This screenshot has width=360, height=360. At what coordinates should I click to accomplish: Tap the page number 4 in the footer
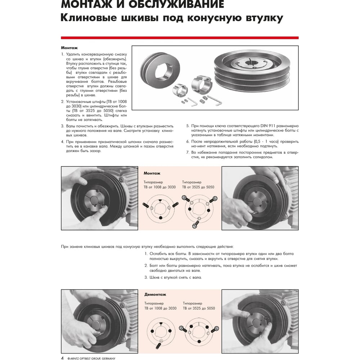point(62,358)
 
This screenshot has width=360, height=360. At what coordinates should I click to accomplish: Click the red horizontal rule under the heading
point(180,37)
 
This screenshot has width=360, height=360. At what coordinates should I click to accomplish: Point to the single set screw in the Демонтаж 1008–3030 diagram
point(158,346)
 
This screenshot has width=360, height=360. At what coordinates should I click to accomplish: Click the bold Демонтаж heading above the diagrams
point(155,294)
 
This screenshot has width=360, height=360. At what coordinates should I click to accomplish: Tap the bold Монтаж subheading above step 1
point(69,48)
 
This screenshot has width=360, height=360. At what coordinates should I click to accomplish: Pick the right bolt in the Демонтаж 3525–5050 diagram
point(216,329)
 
